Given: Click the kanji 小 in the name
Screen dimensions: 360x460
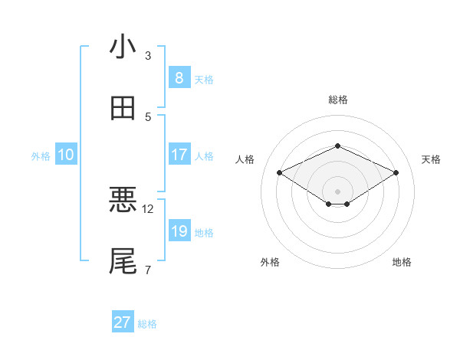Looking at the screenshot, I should coord(123,47).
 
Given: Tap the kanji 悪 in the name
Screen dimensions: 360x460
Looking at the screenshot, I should coord(123,200).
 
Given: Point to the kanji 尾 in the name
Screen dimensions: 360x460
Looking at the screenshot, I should coord(123,260).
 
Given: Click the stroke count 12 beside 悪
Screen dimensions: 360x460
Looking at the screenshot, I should coord(149,208).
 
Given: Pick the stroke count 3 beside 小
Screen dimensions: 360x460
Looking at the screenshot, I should coord(148,55).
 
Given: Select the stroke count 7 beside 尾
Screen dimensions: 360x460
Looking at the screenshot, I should coord(148,270).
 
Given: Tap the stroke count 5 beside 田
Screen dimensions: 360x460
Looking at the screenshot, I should coord(148,116).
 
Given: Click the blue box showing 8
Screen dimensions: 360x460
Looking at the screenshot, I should coord(179,77).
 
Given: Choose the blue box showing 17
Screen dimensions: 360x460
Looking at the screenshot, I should coord(179,155).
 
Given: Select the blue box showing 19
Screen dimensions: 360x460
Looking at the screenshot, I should coord(179,231).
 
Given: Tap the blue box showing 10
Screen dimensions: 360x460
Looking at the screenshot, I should coord(66,155).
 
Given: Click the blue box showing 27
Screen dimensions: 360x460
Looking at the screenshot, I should coord(123,322).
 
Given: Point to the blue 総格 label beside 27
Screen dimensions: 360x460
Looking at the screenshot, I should coord(147,324).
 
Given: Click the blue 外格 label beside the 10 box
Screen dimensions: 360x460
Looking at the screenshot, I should coord(41,156).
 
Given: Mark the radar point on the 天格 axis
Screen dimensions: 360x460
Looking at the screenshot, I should coord(396,172).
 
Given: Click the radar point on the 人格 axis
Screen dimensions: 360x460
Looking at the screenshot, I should coord(279,172).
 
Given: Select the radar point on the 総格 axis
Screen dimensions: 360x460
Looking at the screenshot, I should coord(337,146).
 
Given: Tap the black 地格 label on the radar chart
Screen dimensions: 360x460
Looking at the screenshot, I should coord(402,263).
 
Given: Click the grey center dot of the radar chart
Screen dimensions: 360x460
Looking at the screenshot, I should coord(337,191).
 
